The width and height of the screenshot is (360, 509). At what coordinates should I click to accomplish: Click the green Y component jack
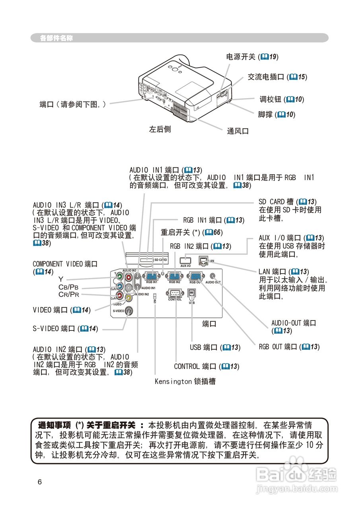(119, 277)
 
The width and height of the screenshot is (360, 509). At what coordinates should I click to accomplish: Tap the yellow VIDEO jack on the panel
(128, 297)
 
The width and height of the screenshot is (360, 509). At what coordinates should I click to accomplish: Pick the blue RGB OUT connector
(195, 277)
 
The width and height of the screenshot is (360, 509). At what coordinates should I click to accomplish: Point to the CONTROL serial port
(175, 293)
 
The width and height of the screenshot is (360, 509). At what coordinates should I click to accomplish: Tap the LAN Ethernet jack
(203, 260)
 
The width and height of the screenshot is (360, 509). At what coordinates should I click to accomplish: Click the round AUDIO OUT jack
(214, 275)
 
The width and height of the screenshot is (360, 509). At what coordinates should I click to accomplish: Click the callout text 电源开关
(241, 57)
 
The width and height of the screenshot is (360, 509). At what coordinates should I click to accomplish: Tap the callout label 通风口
(238, 131)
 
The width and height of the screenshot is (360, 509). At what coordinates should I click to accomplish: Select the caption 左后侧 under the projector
(160, 129)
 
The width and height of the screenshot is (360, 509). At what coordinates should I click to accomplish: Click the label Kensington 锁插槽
(185, 381)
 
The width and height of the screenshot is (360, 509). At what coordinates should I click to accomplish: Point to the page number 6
(39, 482)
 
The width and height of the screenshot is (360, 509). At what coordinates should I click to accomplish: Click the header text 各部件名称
(56, 39)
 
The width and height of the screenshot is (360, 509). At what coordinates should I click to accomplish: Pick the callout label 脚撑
(265, 115)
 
